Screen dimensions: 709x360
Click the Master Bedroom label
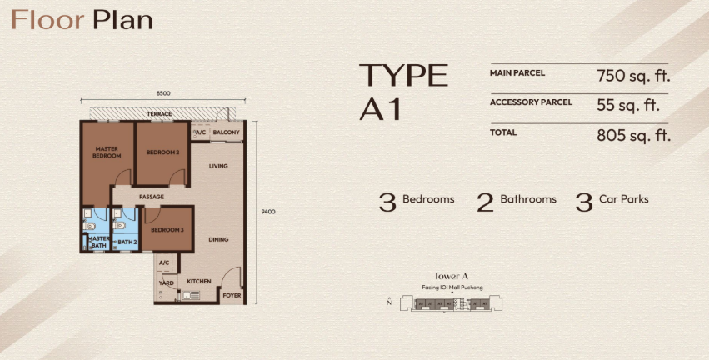pos(107,152)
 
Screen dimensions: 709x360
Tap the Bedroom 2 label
pos(162,152)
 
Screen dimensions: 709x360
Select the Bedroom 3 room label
pos(167,230)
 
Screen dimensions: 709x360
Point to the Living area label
pos(218,166)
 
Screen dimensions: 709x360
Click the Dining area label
pos(218,239)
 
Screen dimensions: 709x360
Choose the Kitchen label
pos(199,282)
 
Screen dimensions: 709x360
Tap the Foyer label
pos(232,296)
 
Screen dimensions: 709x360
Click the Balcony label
pos(226,132)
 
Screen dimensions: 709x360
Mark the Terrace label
pos(159,114)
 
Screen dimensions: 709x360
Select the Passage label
pos(152,197)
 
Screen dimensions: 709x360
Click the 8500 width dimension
pos(163,93)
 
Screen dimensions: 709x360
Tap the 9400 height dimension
pos(268,212)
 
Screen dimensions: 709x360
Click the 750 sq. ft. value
pos(633,76)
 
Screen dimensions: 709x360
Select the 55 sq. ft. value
pos(628,105)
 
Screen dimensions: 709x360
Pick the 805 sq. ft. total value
pos(633,135)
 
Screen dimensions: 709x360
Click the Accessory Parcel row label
pos(531,102)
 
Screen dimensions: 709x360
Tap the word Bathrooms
pos(528,199)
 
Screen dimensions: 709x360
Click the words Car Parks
pos(623,199)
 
